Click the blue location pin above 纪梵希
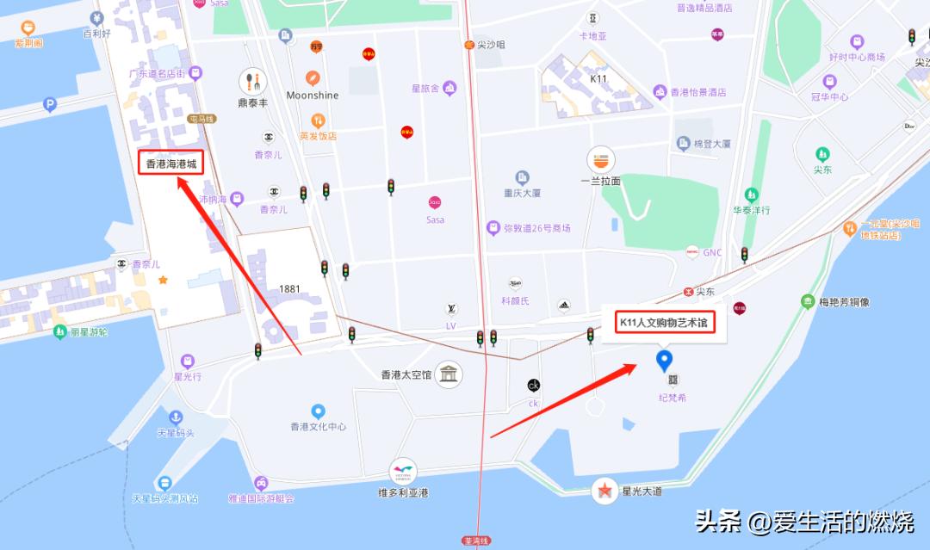(664, 361)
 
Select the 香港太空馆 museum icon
(449, 374)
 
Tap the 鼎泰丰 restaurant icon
(252, 82)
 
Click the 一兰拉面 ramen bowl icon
(600, 159)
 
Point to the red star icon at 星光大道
(605, 491)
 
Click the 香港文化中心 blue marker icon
(318, 411)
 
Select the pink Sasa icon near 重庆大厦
(435, 203)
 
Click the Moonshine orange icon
(313, 77)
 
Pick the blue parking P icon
(49, 105)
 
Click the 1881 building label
(289, 289)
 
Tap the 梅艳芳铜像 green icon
(807, 301)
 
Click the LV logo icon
(450, 310)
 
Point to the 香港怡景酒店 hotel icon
(660, 92)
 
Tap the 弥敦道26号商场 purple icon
(493, 228)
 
